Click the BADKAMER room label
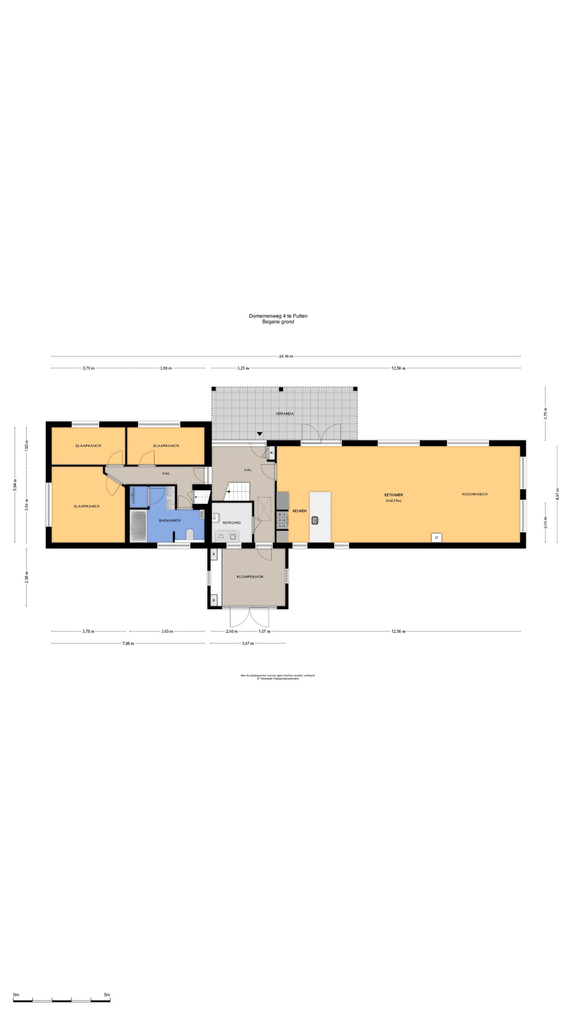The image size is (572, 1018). click(x=170, y=520)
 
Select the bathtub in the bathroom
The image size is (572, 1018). click(x=138, y=526)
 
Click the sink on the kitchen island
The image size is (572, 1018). click(x=315, y=520)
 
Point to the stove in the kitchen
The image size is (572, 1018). click(x=282, y=520)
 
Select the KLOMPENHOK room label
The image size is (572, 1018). click(x=250, y=577)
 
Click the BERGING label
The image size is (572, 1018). click(x=232, y=522)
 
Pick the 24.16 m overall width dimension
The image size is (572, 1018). click(x=286, y=356)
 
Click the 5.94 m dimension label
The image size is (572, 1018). click(x=15, y=485)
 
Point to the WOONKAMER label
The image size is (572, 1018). click(x=475, y=494)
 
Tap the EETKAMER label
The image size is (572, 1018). click(x=394, y=495)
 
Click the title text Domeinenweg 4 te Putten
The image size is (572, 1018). click(x=278, y=316)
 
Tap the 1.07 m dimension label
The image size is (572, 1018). click(x=264, y=631)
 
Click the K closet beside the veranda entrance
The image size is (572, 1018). click(x=271, y=452)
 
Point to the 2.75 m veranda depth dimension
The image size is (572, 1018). click(x=546, y=413)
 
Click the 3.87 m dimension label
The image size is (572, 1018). click(x=248, y=643)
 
